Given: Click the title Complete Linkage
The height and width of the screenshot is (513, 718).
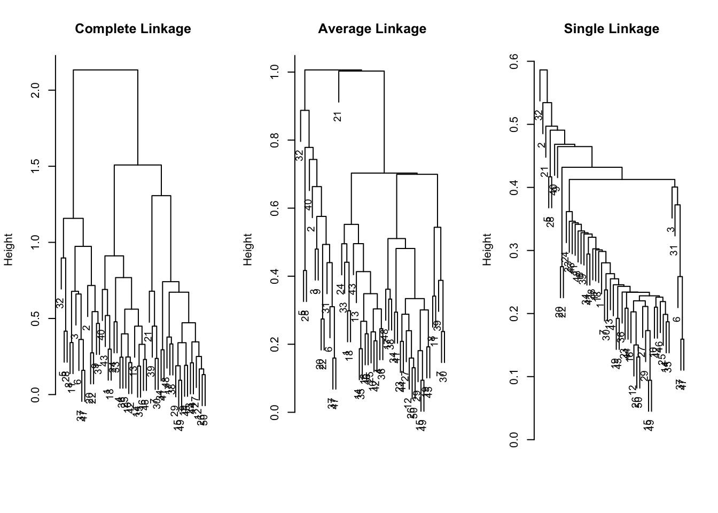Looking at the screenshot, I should [133, 29].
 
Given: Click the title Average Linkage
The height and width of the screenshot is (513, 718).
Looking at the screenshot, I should [372, 29].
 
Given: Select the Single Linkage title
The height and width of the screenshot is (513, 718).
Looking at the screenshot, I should [611, 29].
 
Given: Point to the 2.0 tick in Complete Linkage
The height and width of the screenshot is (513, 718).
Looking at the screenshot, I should [36, 90].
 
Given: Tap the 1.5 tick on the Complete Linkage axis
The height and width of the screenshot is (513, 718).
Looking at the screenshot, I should [36, 166].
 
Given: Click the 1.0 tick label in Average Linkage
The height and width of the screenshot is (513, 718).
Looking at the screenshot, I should [276, 72].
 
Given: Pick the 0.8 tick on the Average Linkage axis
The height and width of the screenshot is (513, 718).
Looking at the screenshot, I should [276, 140].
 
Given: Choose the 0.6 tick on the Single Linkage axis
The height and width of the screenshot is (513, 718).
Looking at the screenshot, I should [515, 61].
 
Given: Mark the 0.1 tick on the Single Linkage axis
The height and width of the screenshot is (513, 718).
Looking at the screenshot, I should [515, 377].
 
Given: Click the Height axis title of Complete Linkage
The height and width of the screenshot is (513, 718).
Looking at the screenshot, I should [9, 250].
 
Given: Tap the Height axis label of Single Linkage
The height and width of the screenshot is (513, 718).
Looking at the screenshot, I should [487, 250].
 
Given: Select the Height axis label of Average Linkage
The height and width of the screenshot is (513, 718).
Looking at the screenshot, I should [248, 250].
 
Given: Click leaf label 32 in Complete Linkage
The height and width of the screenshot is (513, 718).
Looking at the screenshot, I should [60, 303].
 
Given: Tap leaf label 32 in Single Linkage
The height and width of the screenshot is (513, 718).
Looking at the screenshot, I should [539, 115].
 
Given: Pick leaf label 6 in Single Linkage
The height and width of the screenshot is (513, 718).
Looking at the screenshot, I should [677, 320].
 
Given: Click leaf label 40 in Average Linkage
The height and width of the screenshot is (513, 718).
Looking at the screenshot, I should [308, 205].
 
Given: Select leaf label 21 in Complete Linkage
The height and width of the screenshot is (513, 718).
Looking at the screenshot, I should [147, 337].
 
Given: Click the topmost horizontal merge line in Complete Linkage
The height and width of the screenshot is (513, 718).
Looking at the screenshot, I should [105, 70].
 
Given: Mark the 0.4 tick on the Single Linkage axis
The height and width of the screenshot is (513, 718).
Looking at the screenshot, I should [515, 188].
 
